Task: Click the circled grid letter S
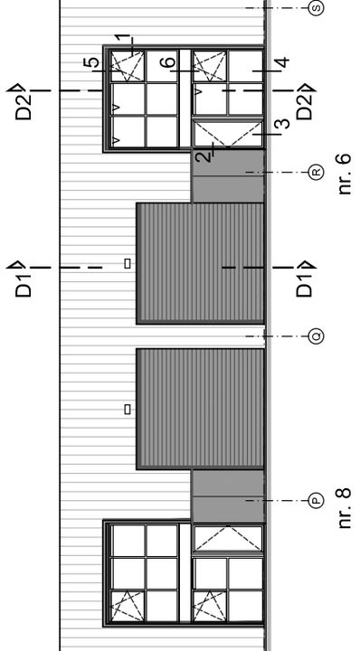(316, 7)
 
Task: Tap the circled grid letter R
(316, 172)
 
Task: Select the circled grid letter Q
(316, 336)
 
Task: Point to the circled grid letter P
(316, 500)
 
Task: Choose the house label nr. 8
(343, 507)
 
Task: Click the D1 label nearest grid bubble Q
(305, 278)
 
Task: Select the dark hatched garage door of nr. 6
(200, 263)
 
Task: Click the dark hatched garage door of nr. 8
(200, 409)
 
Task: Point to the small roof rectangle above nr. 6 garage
(128, 263)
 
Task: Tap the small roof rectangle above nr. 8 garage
(128, 410)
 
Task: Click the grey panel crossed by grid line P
(228, 495)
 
